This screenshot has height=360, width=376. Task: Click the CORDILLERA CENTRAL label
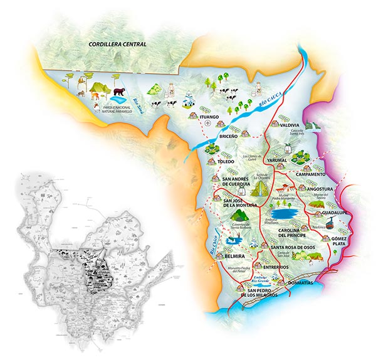coord(117,45)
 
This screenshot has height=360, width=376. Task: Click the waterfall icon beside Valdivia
coord(317,125)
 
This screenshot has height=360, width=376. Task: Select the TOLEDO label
coord(226,161)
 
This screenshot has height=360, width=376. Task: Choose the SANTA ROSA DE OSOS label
coord(293,248)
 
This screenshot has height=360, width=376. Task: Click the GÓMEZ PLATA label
coord(340,243)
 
